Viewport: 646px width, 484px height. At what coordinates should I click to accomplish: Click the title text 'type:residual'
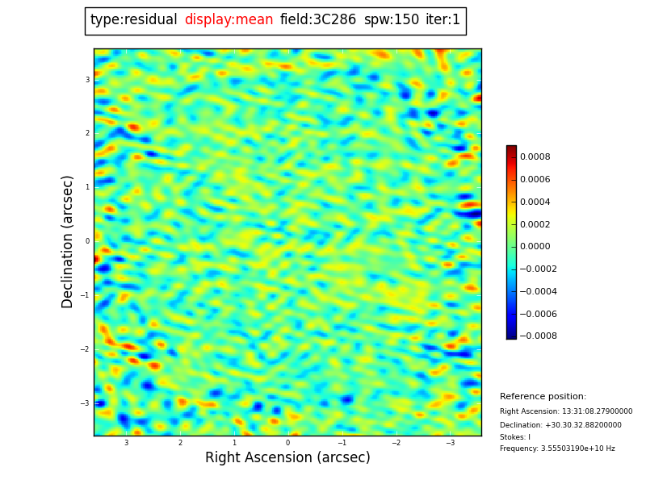pos(134,20)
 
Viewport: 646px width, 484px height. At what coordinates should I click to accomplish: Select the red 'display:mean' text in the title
pos(229,20)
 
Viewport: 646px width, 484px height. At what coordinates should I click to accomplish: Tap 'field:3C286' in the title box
pos(318,20)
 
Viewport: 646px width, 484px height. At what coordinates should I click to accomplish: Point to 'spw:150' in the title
pos(392,20)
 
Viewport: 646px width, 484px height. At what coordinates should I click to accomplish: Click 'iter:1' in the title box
pos(443,20)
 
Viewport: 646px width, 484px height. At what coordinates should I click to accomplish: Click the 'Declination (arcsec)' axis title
pos(68,241)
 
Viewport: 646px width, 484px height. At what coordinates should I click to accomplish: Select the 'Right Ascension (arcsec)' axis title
pos(287,458)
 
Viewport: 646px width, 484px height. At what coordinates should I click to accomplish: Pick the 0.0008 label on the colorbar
pos(535,157)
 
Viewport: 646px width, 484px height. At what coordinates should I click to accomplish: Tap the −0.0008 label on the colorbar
pos(538,336)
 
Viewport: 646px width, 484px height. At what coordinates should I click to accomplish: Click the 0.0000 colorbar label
pos(535,247)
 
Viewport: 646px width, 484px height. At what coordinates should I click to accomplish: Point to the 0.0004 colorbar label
pos(535,202)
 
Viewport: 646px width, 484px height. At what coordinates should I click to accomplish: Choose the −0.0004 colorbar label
pos(538,291)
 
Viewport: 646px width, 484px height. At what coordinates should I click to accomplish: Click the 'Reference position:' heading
pos(543,397)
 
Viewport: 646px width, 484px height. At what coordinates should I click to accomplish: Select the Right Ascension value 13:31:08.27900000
pos(566,411)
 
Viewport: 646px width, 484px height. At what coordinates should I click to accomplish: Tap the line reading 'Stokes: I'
pos(515,437)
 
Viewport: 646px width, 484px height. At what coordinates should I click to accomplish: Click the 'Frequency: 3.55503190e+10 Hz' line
pos(557,449)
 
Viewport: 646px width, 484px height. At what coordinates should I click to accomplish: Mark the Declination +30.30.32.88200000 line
pos(560,425)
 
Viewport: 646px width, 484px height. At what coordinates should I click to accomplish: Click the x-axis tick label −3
pos(450,443)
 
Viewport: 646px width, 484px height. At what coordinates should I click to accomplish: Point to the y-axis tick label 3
pos(87,80)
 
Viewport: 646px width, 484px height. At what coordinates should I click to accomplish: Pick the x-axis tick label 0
pos(287,443)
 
